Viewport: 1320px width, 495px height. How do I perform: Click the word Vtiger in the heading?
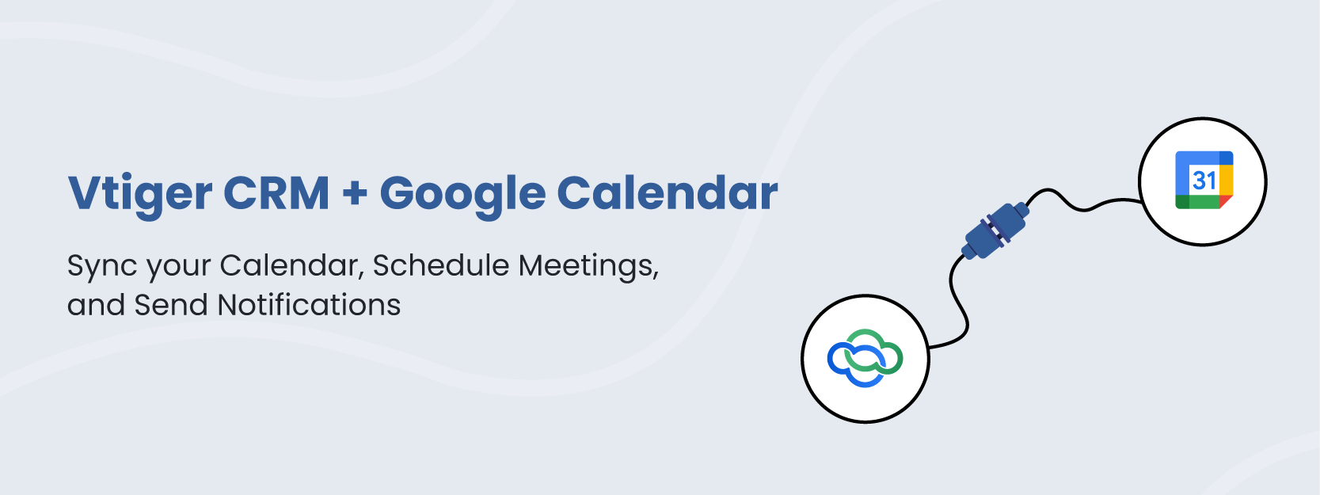139,195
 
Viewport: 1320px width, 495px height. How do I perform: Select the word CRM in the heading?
276,192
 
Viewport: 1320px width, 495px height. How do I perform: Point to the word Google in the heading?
463,195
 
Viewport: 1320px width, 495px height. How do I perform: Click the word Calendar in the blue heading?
668,192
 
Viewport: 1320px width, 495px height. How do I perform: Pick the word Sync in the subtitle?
102,266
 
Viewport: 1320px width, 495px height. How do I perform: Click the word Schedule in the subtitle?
441,265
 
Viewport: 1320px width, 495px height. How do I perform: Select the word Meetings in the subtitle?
588,266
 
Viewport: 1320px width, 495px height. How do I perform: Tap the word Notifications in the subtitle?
309,305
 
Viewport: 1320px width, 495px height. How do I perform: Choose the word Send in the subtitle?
171,305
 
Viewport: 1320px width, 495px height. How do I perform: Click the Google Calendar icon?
1204,181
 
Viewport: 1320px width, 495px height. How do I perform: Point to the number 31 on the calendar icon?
1204,181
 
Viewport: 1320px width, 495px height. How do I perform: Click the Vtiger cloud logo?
865,358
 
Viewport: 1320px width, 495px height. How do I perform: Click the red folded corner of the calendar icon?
1226,201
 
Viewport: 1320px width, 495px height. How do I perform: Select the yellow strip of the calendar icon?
1227,181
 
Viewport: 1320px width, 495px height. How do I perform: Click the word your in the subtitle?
180,268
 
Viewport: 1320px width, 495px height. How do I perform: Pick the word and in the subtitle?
96,305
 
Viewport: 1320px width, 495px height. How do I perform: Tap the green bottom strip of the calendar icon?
1197,202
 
